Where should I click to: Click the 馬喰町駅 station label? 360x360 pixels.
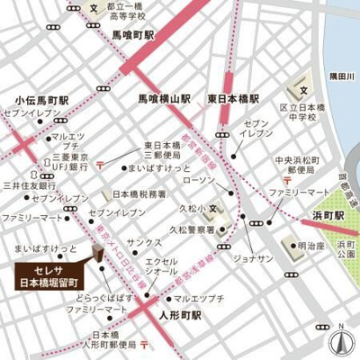coord(134,35)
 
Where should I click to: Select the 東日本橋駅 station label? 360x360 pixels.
coord(233,97)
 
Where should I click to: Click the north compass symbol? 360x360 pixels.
coord(340,341)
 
